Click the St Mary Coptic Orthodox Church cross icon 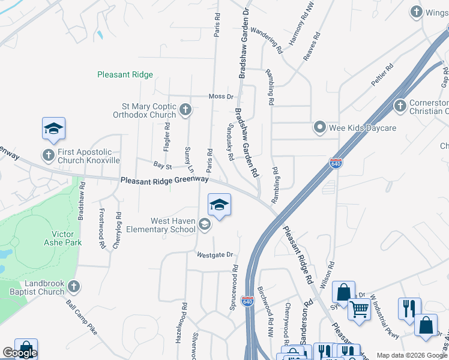point(186,110)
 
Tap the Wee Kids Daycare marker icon point(320,128)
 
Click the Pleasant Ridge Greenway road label point(164,179)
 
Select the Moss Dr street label point(220,97)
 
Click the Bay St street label point(163,165)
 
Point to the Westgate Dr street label point(214,255)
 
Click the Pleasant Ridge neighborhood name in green point(125,75)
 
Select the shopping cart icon point(360,310)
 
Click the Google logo point(20,353)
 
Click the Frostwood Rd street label point(101,229)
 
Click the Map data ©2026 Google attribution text point(412,355)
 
